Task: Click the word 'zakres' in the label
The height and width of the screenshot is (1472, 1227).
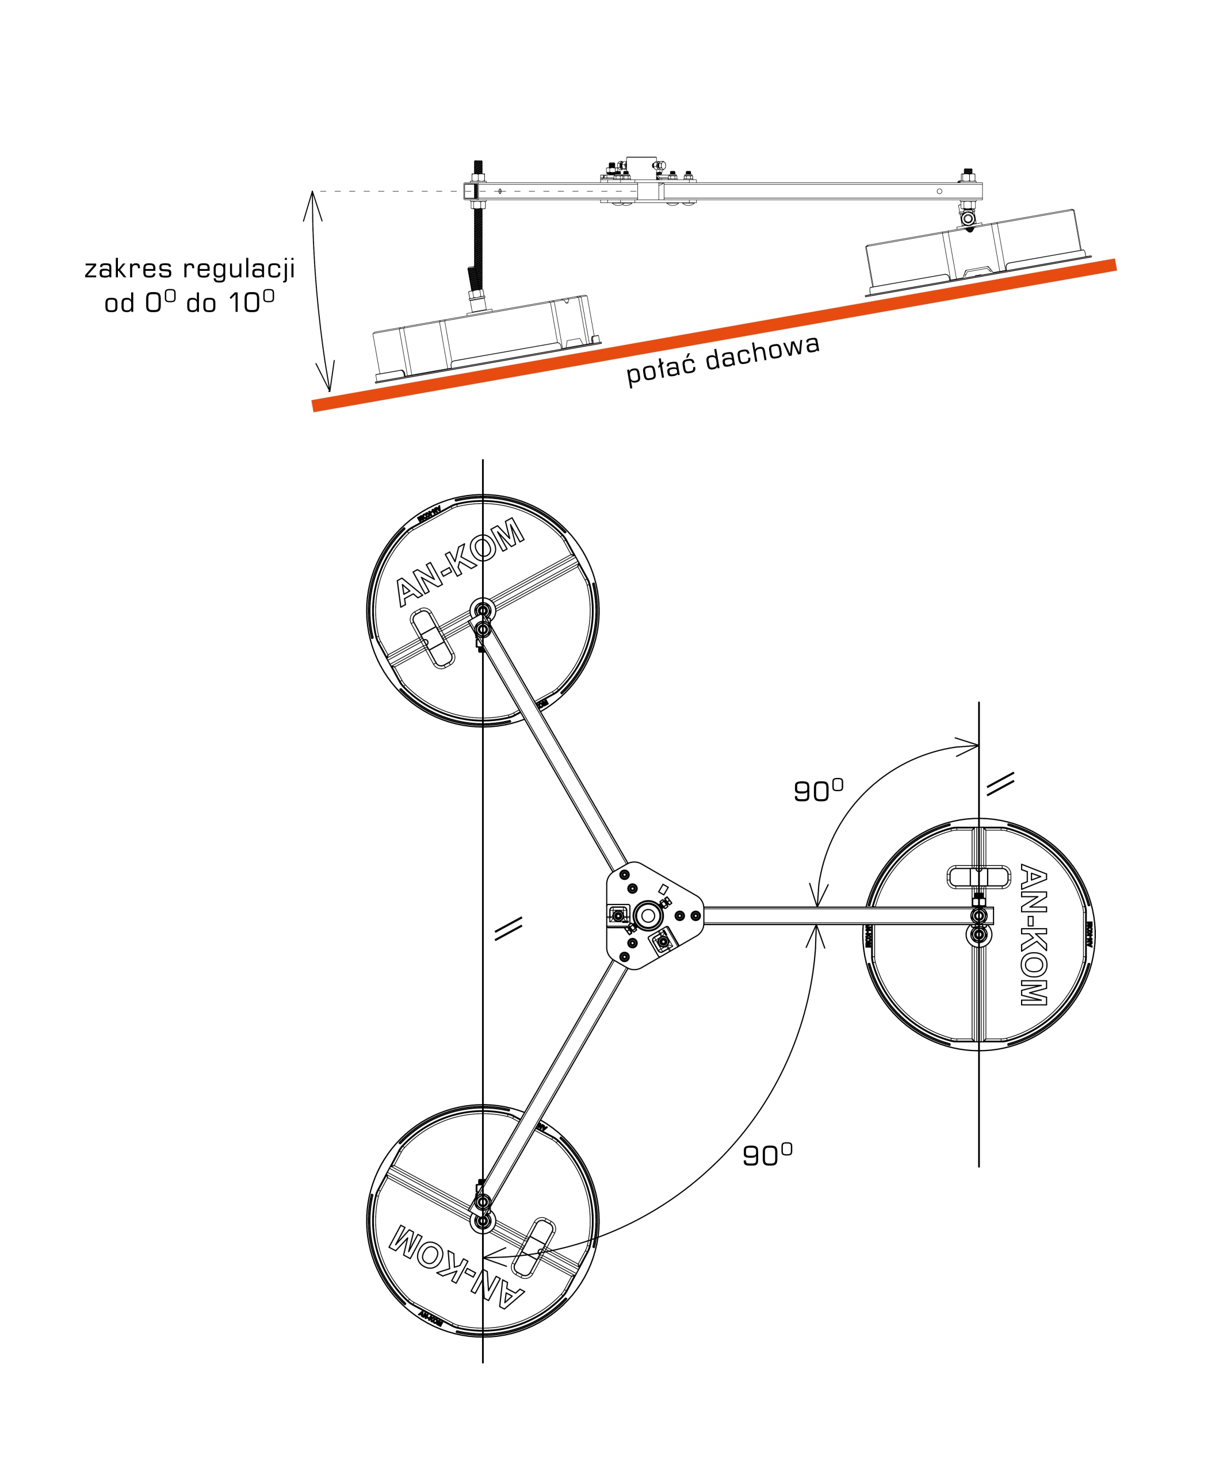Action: pos(127,269)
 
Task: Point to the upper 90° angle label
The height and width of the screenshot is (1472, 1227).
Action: pos(817,790)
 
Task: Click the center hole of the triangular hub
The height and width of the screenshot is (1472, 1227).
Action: pos(647,915)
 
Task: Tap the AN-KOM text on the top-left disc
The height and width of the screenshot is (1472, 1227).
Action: pos(459,561)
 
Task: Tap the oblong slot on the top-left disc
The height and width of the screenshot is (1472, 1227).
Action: pos(432,638)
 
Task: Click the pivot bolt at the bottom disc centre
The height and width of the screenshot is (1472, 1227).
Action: pos(483,1221)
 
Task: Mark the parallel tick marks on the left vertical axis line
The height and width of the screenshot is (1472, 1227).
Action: pos(509,928)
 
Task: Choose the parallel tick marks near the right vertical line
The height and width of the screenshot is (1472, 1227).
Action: pos(1000,784)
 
